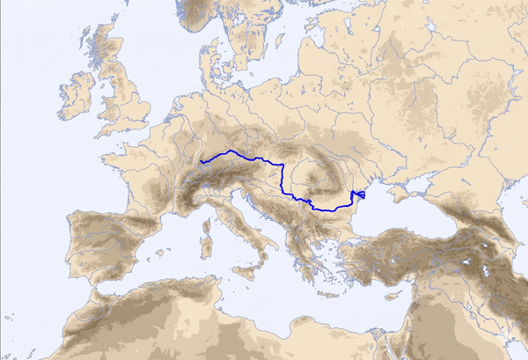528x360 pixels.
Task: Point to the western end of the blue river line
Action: pos(202,163)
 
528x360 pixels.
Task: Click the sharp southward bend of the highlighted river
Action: pos(282,166)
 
